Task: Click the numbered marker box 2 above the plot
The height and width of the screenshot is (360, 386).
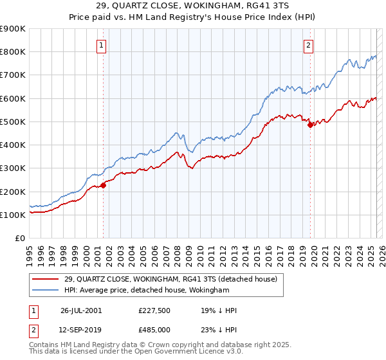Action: click(x=309, y=45)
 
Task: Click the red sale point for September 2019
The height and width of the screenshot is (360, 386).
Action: click(x=310, y=125)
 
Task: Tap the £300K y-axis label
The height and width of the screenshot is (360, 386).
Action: click(x=13, y=168)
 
